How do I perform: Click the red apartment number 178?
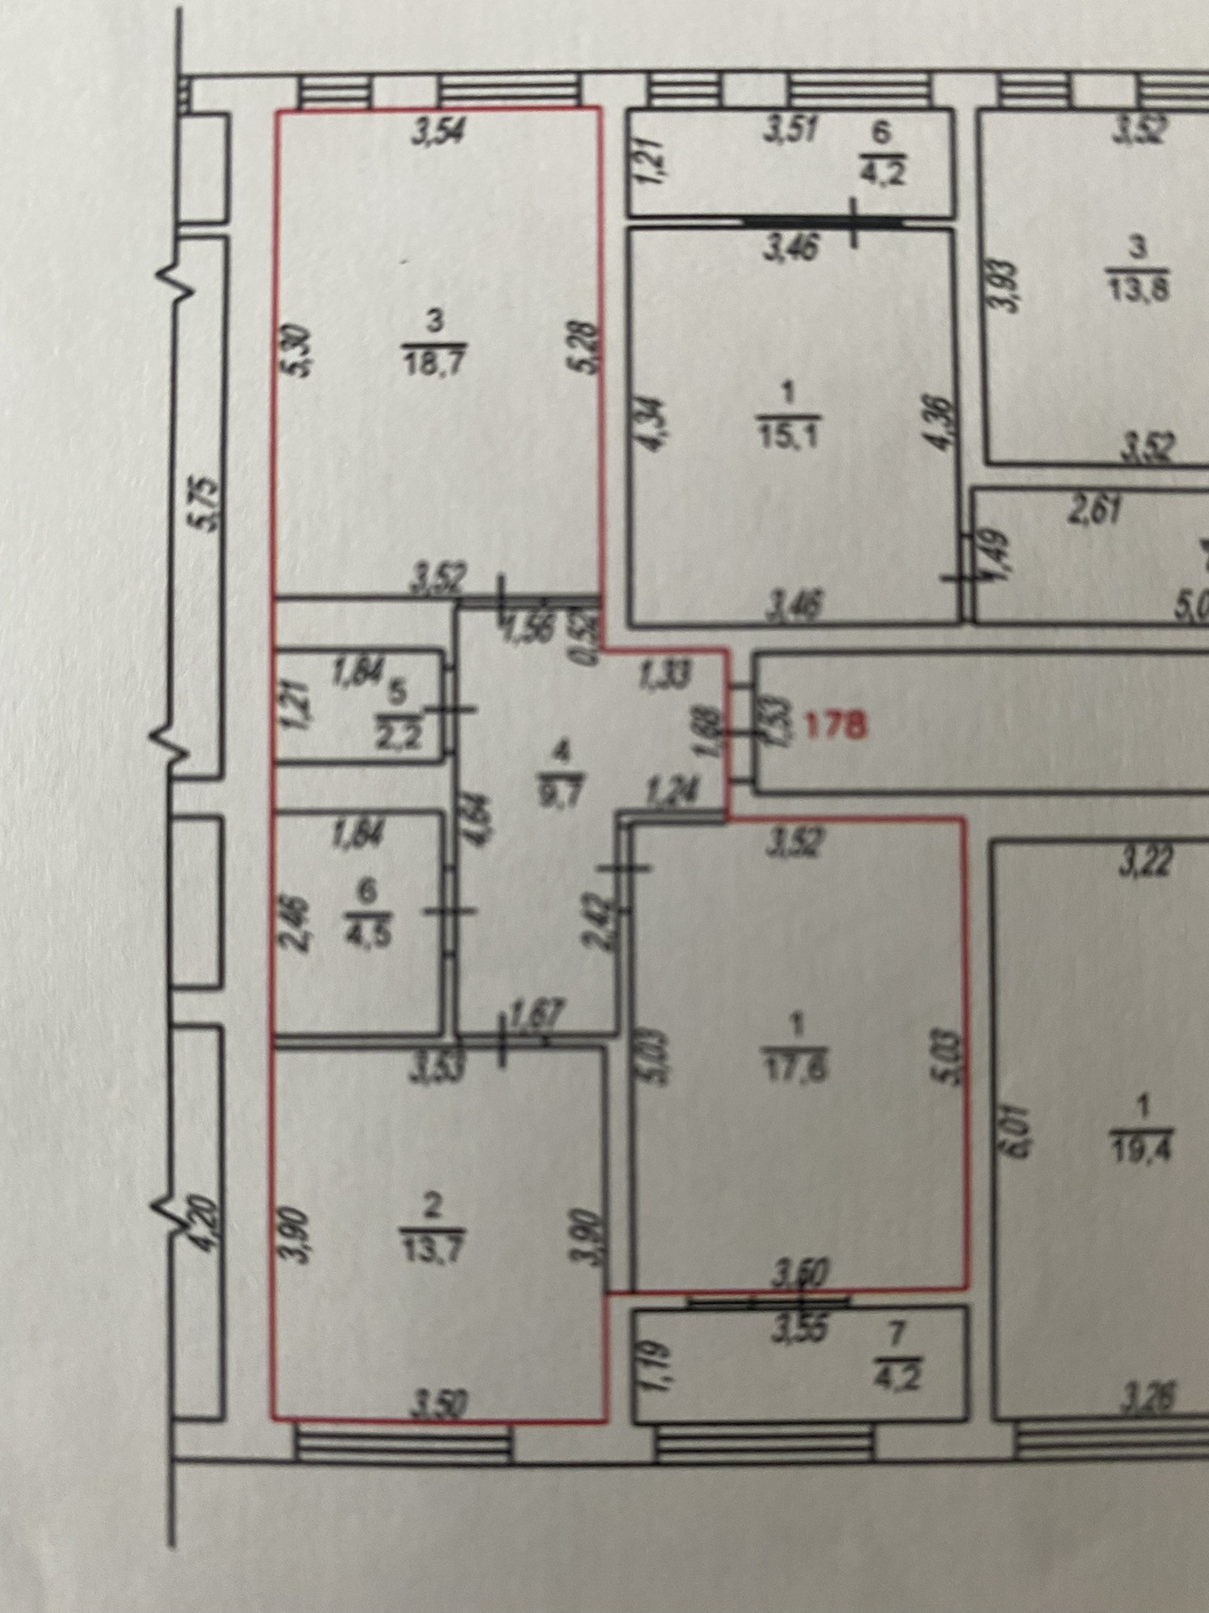click(834, 726)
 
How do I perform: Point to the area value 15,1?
click(787, 435)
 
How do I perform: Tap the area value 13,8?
click(1140, 291)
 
